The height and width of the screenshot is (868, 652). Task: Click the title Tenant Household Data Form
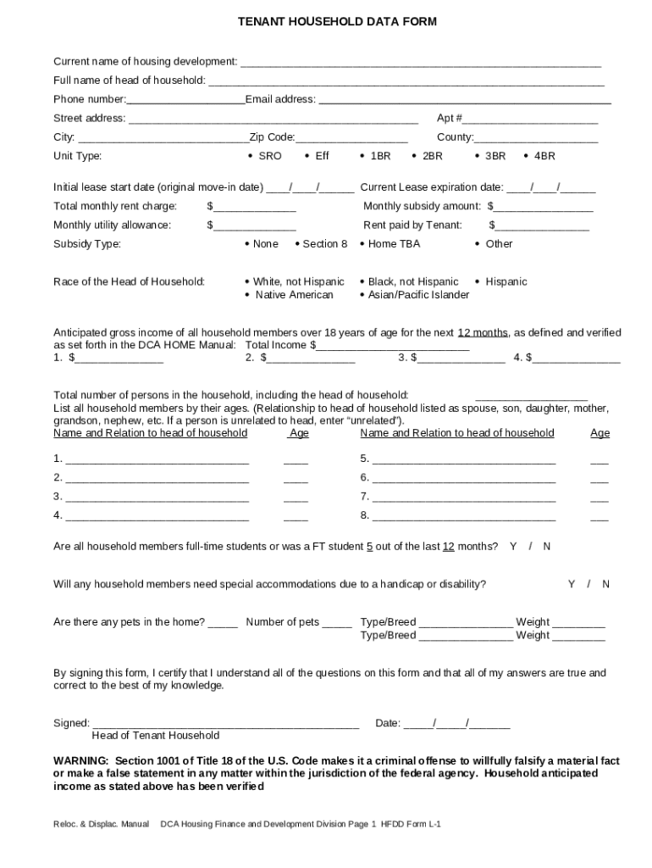(325, 22)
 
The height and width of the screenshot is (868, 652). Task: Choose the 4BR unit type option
(539, 156)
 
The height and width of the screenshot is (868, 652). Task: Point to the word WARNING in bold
(81, 761)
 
